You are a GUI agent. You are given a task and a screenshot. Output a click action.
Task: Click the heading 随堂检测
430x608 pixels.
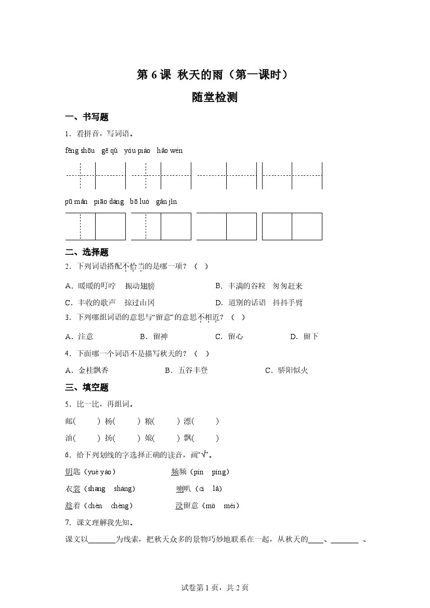(x=214, y=97)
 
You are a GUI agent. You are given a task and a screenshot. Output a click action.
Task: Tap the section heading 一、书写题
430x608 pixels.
(x=87, y=117)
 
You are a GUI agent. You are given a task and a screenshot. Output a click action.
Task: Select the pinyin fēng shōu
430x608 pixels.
(x=80, y=151)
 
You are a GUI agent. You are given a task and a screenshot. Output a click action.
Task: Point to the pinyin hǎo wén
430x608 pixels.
(x=170, y=151)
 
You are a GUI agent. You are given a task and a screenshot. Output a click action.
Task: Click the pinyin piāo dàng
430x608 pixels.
(x=109, y=202)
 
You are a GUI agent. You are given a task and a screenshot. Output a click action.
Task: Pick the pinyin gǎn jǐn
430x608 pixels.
(x=166, y=202)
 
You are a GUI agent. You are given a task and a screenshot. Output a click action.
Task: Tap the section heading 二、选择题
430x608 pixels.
(x=87, y=253)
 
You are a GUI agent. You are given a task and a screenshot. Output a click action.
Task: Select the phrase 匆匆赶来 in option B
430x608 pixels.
(x=288, y=286)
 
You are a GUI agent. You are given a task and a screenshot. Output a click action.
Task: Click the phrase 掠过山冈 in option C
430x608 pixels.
(x=140, y=303)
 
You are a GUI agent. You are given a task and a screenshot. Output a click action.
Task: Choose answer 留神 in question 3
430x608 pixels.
(x=161, y=337)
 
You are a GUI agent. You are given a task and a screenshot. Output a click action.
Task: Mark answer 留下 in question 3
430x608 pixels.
(x=311, y=337)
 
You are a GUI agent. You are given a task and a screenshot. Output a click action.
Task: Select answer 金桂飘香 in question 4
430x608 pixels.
(x=94, y=370)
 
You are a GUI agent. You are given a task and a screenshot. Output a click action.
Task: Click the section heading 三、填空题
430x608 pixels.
(x=87, y=387)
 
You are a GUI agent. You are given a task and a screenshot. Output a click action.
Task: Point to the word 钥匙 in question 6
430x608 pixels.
(x=73, y=472)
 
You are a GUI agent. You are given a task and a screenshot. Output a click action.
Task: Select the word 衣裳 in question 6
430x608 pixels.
(x=73, y=489)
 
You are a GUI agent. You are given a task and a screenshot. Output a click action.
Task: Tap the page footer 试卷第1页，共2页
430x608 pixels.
(x=215, y=588)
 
